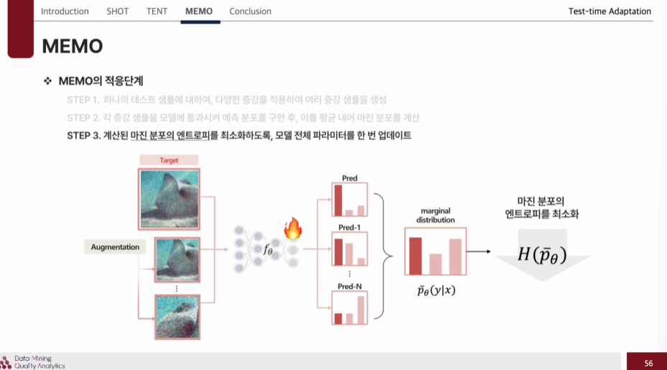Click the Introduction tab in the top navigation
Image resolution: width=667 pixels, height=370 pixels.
[x=65, y=11]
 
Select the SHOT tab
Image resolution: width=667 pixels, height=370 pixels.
[x=118, y=11]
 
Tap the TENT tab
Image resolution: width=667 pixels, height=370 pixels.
[x=157, y=11]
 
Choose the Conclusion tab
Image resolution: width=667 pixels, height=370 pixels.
[x=250, y=11]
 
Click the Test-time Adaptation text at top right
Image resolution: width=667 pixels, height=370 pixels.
[x=609, y=11]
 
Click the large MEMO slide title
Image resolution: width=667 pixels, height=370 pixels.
[x=73, y=47]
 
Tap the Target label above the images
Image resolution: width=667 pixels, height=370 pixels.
[x=169, y=160]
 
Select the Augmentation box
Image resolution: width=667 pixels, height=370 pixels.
[x=115, y=247]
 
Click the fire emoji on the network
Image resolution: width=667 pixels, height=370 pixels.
[x=293, y=229]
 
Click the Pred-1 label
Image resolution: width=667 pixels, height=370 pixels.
[x=349, y=227]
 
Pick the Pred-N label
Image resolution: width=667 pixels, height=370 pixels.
[x=349, y=287]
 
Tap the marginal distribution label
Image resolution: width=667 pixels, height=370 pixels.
[x=435, y=216]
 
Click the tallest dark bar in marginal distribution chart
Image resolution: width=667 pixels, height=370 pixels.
[x=415, y=256]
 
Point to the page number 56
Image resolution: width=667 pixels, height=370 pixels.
[x=648, y=363]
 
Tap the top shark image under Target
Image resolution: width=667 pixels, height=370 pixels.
[x=169, y=198]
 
